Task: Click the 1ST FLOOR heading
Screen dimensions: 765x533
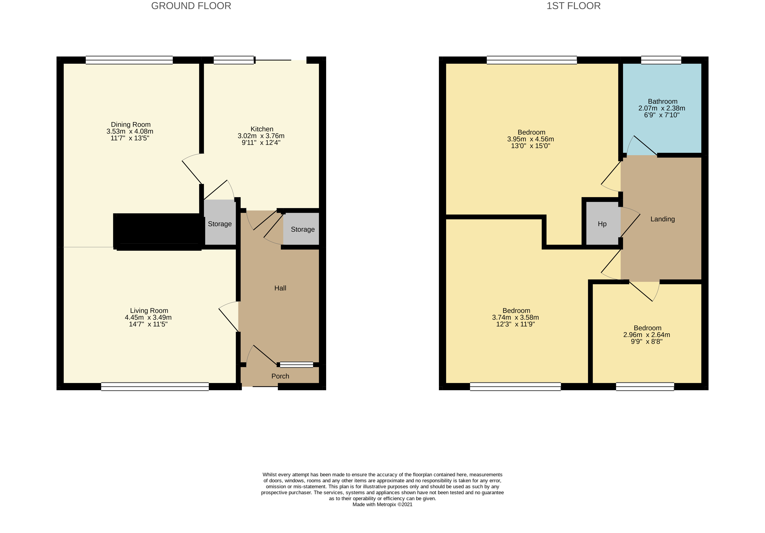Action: [x=573, y=6]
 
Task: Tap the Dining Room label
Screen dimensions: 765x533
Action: [x=131, y=124]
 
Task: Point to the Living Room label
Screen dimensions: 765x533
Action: [x=149, y=311]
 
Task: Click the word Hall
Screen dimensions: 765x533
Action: [x=280, y=288]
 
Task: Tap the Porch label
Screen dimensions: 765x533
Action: [x=280, y=376]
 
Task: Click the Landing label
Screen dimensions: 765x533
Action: [x=662, y=219]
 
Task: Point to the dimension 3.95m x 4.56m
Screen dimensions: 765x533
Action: [x=531, y=139]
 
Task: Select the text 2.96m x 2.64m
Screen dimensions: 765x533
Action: [x=646, y=335]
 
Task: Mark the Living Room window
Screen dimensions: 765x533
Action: [x=155, y=387]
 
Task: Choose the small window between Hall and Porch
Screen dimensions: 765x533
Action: [x=296, y=364]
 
